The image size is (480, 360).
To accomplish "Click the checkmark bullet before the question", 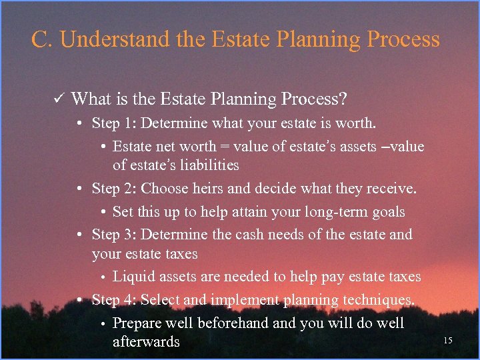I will coord(57,100).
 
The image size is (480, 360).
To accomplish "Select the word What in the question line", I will coord(90,99).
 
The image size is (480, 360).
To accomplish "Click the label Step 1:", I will coord(114,124).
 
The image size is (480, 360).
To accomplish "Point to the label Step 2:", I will coord(114,189).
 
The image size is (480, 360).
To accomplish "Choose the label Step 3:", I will coord(114,235).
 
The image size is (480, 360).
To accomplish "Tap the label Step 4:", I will coord(114,300).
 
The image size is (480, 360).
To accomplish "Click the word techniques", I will coord(377,300).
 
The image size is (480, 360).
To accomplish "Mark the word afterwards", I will coord(146,342).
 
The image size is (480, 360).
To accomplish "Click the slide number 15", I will coord(447,341).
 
